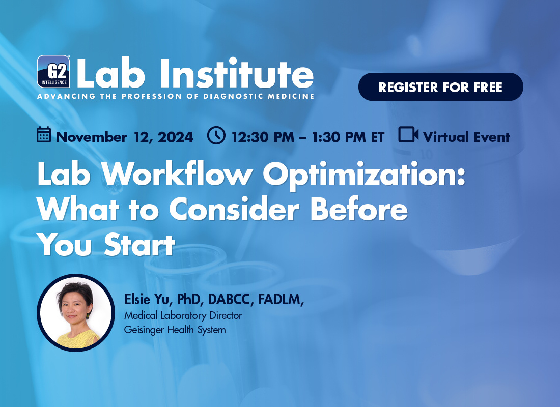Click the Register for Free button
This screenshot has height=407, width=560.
coord(441,87)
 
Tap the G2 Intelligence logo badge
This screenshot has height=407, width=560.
coord(53,71)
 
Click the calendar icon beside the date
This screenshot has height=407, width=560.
coord(44,135)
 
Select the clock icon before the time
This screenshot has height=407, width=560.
coord(216,135)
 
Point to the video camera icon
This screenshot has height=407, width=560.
coord(408,135)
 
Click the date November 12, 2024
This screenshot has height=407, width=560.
coord(124,137)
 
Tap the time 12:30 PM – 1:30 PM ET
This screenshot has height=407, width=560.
coord(308,137)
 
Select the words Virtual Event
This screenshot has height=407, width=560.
coord(466,137)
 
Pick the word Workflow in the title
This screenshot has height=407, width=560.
coord(177,174)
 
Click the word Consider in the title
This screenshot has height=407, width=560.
coord(234,209)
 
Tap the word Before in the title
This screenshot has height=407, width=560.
coord(359,209)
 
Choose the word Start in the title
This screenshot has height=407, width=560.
coord(139,245)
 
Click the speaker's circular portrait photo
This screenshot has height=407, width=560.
coord(76,313)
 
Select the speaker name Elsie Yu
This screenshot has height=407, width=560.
coord(147,299)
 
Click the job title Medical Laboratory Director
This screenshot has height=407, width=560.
coord(183,315)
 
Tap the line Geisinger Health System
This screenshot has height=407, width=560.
coord(175,330)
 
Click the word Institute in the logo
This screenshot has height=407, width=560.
coord(237,74)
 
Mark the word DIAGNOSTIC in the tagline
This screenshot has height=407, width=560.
coord(231,96)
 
